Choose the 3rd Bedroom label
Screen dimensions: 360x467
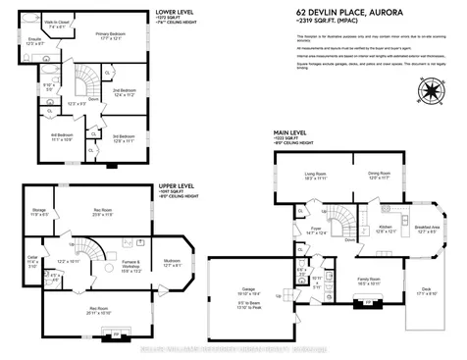124,136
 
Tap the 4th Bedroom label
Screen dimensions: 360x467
63,136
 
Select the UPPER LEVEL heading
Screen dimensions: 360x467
178,183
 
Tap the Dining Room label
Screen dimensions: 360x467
352,175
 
